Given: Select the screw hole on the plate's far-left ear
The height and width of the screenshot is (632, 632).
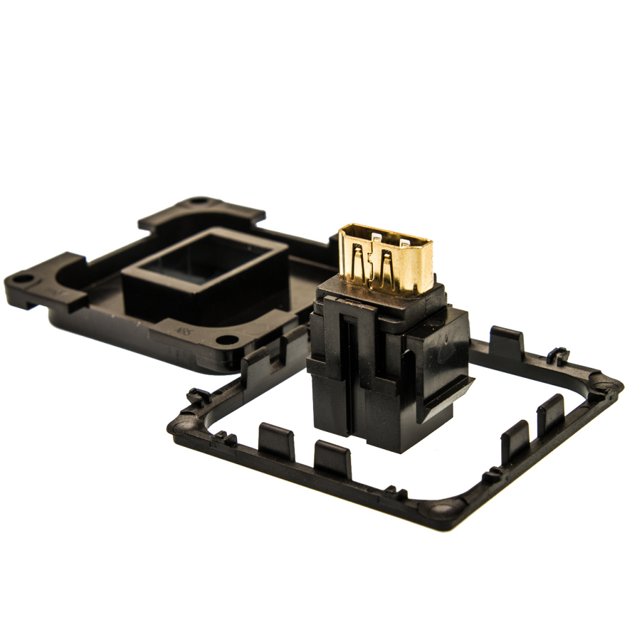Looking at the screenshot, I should [22, 278].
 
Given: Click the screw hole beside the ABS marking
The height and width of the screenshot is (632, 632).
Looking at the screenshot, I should [227, 339].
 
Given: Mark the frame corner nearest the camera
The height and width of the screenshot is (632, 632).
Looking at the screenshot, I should [442, 509].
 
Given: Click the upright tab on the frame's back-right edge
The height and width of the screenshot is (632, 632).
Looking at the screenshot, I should [507, 343].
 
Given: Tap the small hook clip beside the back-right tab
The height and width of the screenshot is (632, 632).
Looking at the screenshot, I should [559, 356].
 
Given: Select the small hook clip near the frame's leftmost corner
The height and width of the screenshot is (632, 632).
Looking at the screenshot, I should [199, 395].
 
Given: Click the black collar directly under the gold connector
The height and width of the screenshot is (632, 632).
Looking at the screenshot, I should [383, 296].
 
